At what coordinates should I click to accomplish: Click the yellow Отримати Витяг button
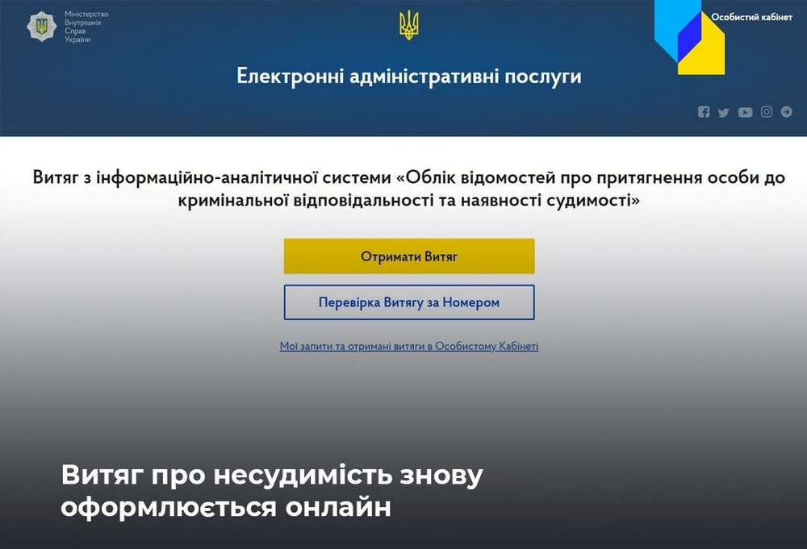coord(409,256)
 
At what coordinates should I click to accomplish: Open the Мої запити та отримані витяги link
coord(409,346)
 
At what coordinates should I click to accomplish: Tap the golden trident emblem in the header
coord(409,26)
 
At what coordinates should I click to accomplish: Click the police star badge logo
coord(42,27)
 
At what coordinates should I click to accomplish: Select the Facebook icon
coord(704,111)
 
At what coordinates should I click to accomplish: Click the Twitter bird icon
coord(724,112)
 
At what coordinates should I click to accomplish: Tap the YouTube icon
coord(745,112)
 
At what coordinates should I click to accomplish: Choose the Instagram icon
coord(767,111)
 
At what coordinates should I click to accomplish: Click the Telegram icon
coord(786,111)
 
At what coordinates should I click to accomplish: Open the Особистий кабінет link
coord(751,17)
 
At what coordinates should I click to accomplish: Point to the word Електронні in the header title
coord(290,76)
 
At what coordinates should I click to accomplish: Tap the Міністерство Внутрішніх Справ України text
coord(86,27)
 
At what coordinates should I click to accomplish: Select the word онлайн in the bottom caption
coord(338,507)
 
